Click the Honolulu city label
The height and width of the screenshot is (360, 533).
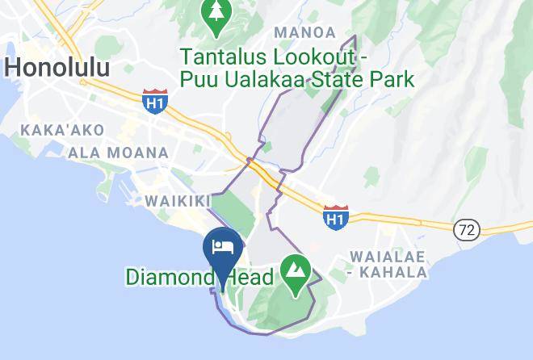click(x=57, y=67)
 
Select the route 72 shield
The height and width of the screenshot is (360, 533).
click(x=466, y=230)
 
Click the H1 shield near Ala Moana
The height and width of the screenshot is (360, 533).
click(x=153, y=100)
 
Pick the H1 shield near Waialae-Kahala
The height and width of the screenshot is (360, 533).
click(x=335, y=216)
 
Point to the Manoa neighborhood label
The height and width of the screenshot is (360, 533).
click(x=304, y=32)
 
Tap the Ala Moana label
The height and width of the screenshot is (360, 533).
click(x=119, y=153)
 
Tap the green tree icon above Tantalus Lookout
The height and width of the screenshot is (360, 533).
click(x=216, y=15)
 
